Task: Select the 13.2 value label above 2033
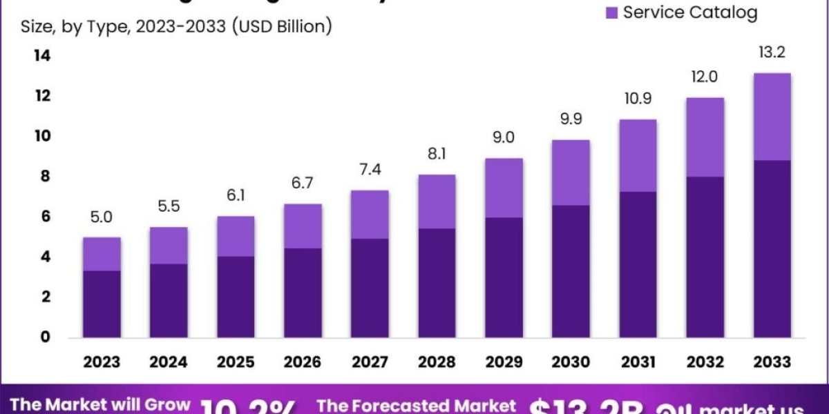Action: [x=772, y=52]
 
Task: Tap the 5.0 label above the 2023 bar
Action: [x=102, y=217]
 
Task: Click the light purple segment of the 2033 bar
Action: [x=772, y=117]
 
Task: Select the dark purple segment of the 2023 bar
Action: [x=102, y=304]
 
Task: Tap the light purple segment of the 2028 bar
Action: [x=437, y=201]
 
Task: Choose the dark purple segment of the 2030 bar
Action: [x=571, y=271]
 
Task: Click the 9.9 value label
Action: [x=571, y=119]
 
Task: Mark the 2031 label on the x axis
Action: [x=638, y=362]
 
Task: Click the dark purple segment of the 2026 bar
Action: [x=303, y=293]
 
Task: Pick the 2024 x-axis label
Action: [x=169, y=362]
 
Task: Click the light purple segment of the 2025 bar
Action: [x=236, y=236]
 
